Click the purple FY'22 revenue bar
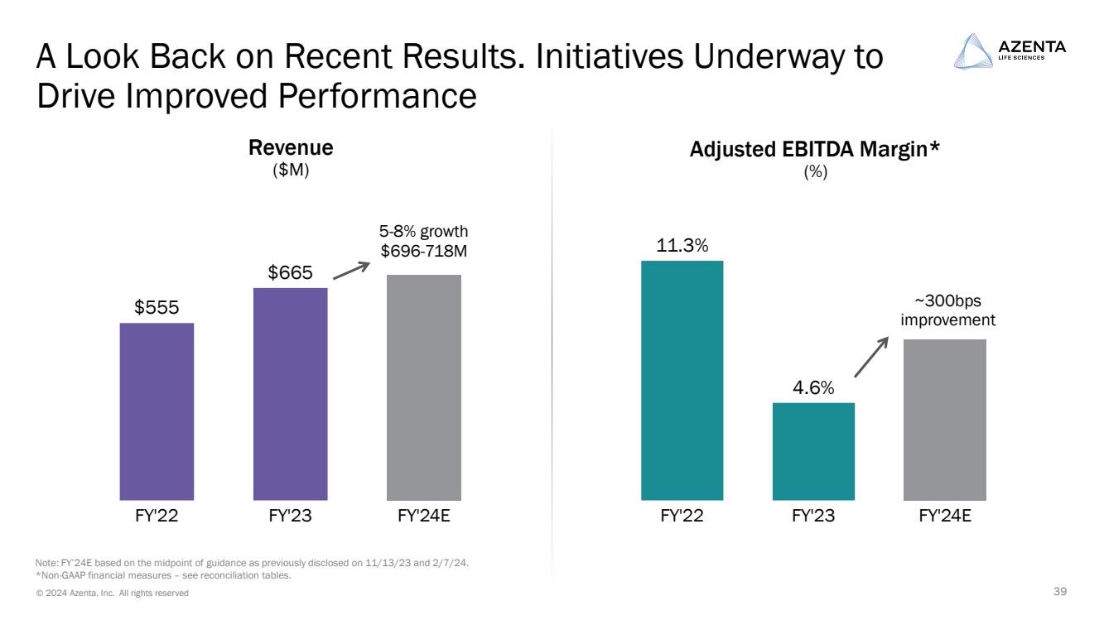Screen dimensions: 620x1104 [157, 411]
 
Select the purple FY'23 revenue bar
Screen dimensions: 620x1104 [290, 394]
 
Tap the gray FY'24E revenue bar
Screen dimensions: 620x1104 [424, 387]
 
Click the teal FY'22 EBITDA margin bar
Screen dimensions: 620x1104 [682, 381]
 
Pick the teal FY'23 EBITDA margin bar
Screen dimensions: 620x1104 [813, 451]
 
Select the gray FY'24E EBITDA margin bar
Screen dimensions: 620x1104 [944, 420]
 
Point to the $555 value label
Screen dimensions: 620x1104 [157, 308]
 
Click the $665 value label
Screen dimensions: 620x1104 [290, 272]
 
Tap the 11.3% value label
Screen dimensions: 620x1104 [682, 246]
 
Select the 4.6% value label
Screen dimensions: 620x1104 [813, 387]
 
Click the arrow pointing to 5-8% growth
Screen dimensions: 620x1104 [350, 271]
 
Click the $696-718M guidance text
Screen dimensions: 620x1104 [424, 250]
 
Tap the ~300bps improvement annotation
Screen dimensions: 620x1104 [947, 310]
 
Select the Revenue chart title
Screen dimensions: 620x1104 [291, 148]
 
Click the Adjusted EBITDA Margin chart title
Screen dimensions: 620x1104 [815, 150]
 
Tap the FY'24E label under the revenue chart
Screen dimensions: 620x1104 [424, 517]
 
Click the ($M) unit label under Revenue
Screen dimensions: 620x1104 [291, 171]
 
